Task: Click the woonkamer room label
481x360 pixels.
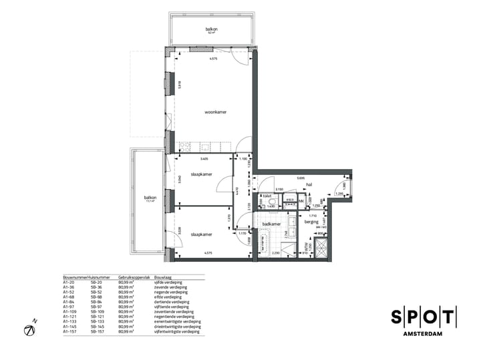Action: coord(215,112)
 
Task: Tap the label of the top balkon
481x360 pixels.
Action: coord(212,30)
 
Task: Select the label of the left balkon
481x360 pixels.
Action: coord(150,198)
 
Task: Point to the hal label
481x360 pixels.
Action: coord(309,187)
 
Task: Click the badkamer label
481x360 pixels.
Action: coord(271,224)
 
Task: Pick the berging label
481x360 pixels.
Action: coord(312,221)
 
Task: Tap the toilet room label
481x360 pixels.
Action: coord(267,196)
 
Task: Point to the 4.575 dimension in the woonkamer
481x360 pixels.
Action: coord(213,60)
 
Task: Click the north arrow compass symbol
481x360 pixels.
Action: coord(30,329)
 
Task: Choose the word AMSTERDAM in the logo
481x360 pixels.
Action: coord(423,333)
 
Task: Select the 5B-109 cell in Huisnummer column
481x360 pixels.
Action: coord(98,311)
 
